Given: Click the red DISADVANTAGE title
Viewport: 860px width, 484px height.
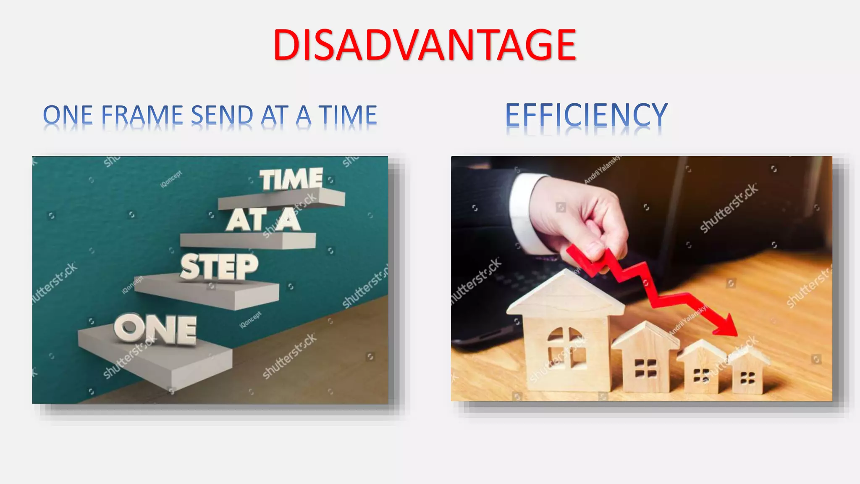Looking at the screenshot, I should tap(425, 45).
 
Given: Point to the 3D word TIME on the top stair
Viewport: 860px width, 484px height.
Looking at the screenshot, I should tap(291, 179).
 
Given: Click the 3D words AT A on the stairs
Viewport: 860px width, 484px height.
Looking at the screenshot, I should tap(263, 220).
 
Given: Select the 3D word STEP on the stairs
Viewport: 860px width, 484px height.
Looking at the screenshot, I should tap(219, 267).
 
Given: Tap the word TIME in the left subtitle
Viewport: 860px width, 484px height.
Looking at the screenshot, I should tap(348, 115).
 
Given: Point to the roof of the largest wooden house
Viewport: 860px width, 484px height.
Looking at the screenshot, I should tap(565, 294).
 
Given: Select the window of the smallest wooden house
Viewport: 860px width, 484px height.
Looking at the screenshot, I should tap(747, 378).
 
